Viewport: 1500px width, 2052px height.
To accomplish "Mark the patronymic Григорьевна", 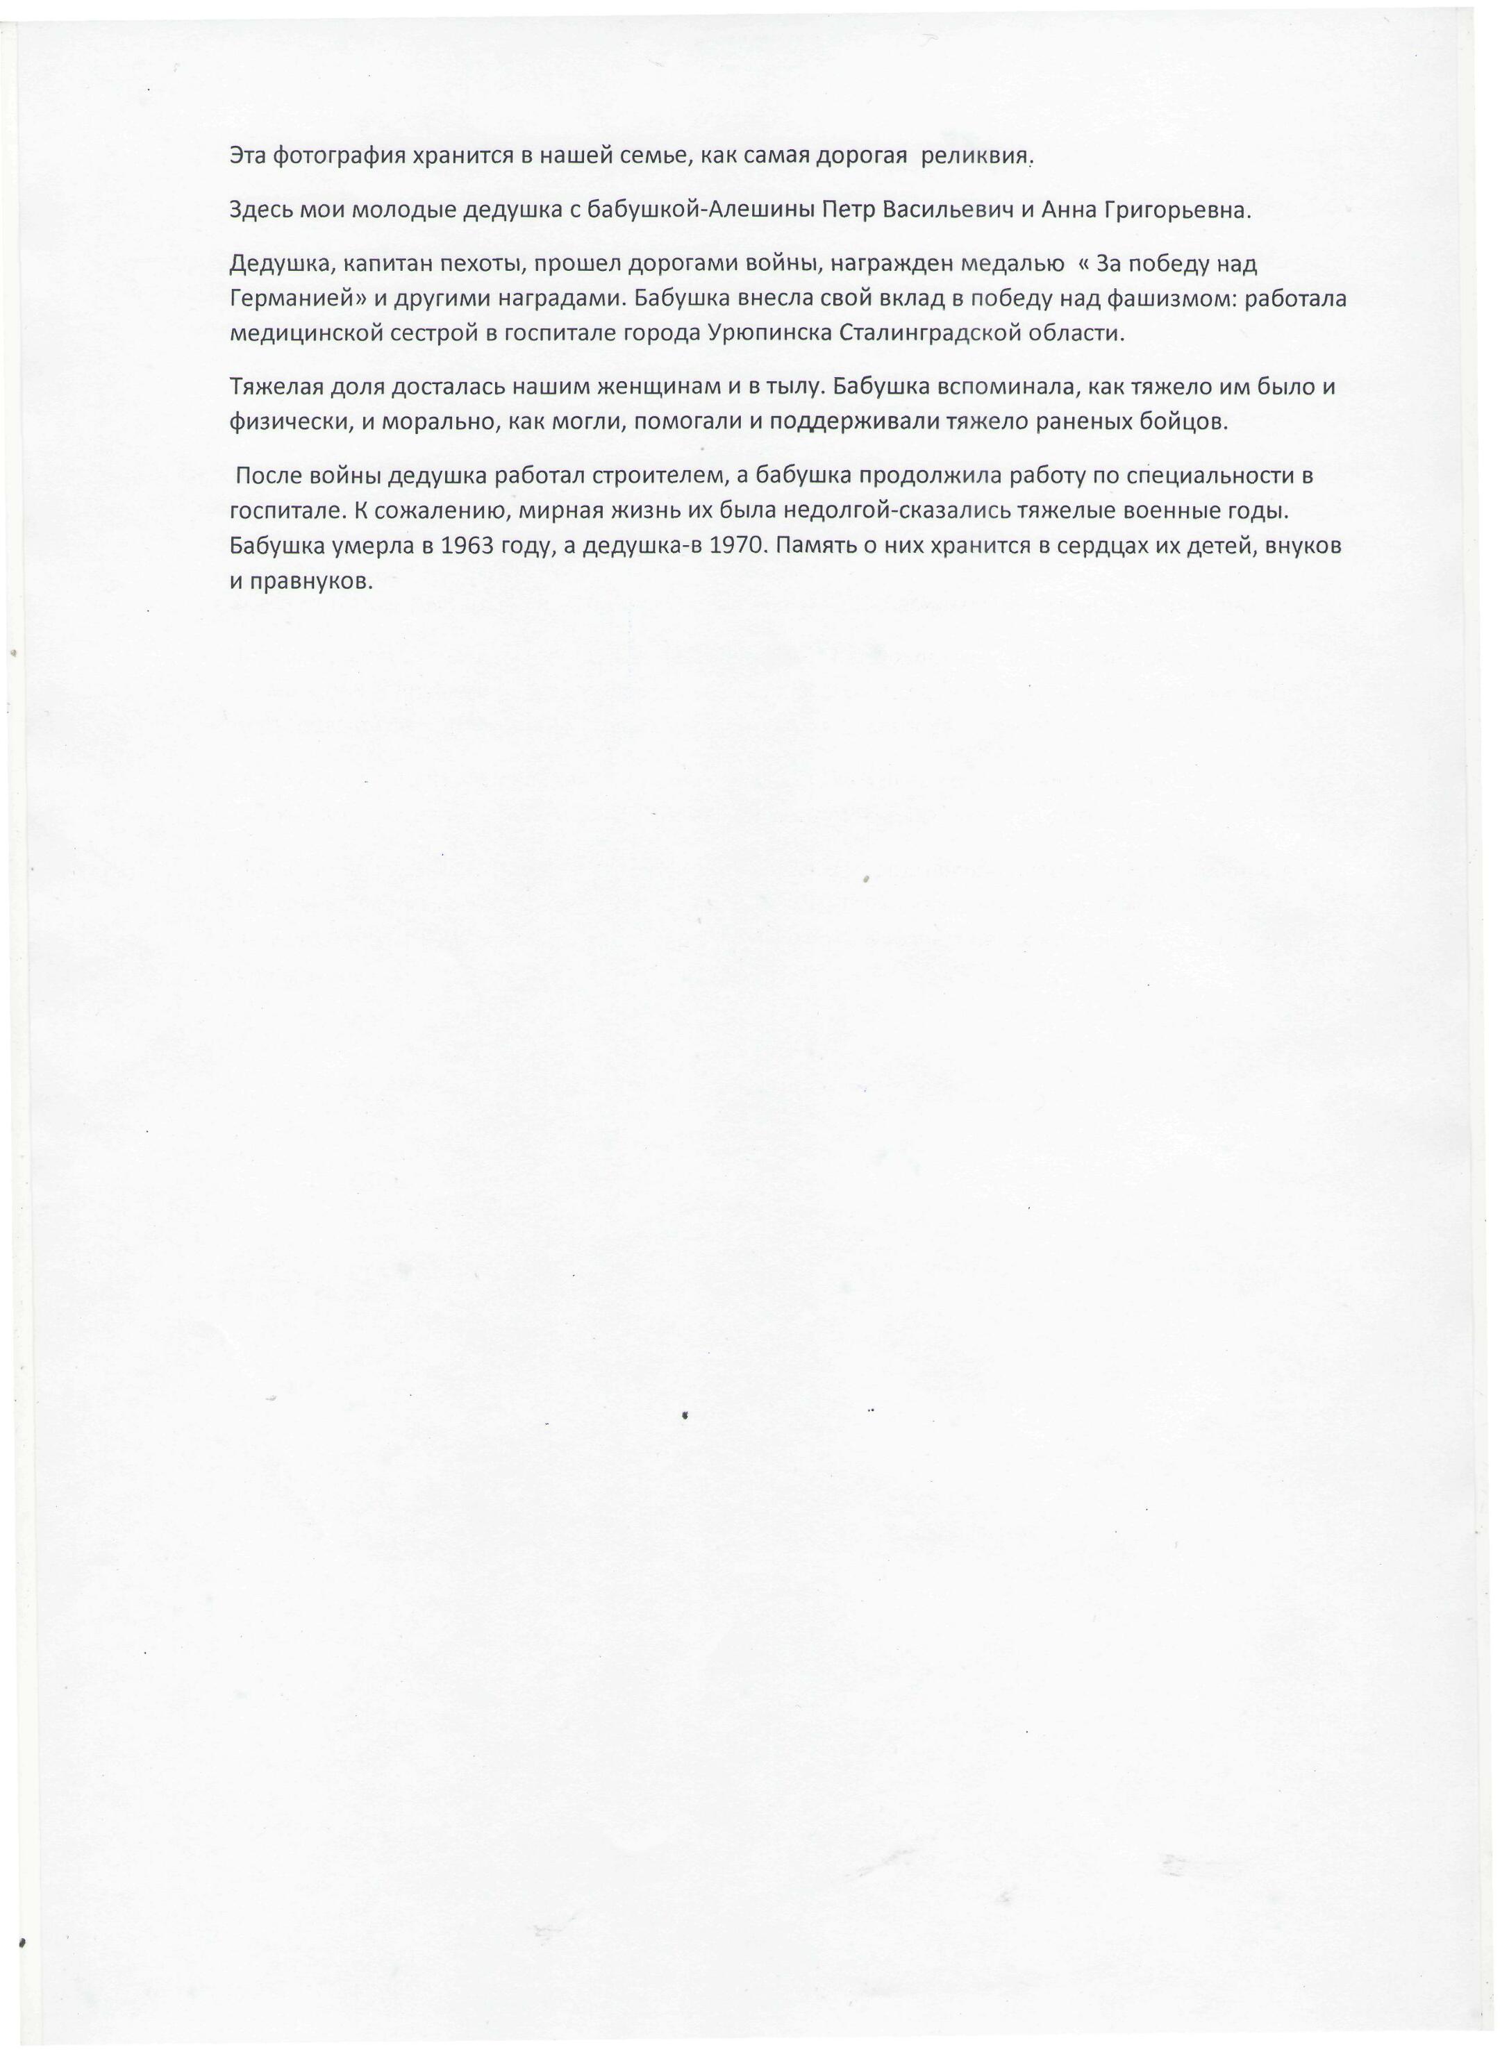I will tap(1178, 212).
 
